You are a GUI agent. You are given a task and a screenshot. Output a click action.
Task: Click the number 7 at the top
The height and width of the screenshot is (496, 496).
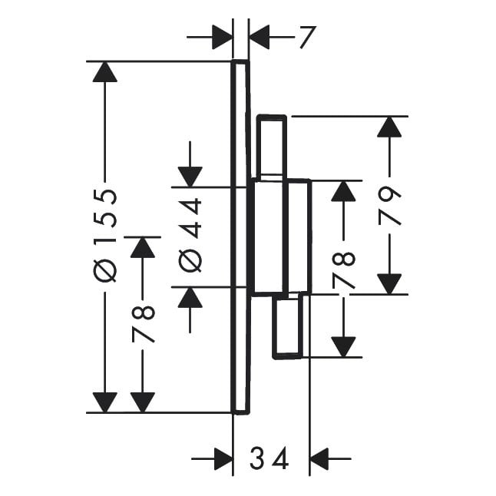tap(306, 36)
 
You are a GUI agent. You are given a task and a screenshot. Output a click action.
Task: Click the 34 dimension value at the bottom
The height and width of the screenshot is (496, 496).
tap(269, 459)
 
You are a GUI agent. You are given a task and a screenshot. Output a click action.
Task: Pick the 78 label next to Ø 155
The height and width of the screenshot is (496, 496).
tap(143, 323)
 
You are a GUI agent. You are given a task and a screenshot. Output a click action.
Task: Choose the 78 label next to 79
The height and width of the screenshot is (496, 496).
tap(346, 269)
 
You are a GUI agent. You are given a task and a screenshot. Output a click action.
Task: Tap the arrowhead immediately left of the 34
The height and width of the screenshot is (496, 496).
tap(222, 459)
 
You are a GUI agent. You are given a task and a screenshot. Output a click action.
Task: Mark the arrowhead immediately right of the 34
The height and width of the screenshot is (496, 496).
tap(319, 459)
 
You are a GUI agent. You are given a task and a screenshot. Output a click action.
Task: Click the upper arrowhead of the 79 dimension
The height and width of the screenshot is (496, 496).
tap(390, 127)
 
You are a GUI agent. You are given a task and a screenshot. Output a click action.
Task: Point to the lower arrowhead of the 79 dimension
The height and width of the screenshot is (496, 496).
tap(390, 283)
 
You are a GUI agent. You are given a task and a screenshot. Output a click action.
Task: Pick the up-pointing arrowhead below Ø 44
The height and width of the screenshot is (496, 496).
tap(190, 297)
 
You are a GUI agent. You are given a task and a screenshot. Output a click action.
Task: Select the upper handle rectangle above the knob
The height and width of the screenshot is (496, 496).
tap(271, 147)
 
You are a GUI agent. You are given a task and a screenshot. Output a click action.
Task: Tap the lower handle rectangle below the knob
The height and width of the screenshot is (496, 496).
tap(289, 326)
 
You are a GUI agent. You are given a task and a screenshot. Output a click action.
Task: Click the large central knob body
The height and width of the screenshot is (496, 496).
tap(280, 236)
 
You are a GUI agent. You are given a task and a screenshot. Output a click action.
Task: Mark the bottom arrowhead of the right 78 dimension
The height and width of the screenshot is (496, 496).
tap(346, 346)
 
